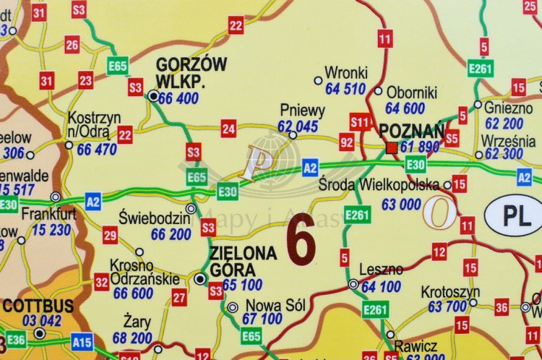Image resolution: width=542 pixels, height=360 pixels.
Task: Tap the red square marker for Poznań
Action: [x=392, y=147]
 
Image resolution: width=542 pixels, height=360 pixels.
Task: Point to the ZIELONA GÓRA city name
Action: [x=243, y=261]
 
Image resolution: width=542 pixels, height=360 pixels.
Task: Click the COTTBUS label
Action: [x=39, y=306]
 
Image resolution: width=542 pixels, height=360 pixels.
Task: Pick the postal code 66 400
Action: [x=178, y=98]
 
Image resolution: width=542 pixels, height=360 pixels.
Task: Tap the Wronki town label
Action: [x=346, y=72]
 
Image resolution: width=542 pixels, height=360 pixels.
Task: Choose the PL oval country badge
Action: [x=512, y=215]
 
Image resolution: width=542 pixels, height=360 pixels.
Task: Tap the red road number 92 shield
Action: [x=347, y=141]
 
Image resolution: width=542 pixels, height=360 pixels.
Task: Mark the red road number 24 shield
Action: [x=229, y=129]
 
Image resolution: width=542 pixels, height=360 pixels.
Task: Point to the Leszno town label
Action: [x=381, y=270]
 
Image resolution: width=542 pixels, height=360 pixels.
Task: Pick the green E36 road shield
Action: [x=17, y=340]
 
